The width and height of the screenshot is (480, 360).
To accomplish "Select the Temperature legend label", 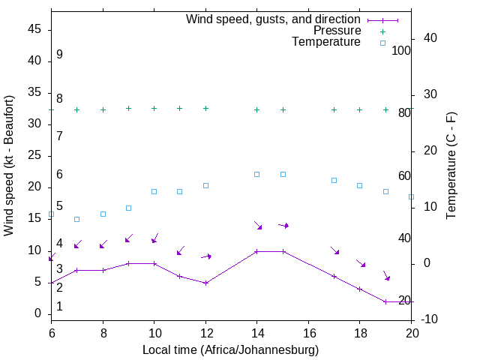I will [x=326, y=42].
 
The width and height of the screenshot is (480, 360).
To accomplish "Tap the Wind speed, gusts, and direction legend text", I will [x=273, y=19].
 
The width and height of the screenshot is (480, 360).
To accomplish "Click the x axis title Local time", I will [x=231, y=349].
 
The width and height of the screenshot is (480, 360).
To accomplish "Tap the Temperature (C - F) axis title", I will [x=451, y=165].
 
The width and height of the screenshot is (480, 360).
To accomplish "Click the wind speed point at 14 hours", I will [x=256, y=251].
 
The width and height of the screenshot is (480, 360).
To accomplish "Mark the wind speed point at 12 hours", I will [x=205, y=283].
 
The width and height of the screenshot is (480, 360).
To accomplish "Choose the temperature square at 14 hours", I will [x=256, y=174].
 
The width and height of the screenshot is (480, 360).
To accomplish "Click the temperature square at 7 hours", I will [x=76, y=219].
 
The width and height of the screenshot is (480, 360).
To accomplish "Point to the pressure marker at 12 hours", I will [x=205, y=108].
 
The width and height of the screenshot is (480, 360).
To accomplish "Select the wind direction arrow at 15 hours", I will [x=283, y=225].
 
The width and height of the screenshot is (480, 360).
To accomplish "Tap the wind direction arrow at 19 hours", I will [x=387, y=275].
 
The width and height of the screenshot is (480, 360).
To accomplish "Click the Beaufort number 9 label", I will [x=59, y=55].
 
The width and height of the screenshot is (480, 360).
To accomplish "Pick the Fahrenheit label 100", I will [x=401, y=50].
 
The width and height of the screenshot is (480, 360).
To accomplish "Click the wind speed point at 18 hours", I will [x=359, y=289].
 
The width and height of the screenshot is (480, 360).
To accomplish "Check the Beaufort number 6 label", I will [x=59, y=174].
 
